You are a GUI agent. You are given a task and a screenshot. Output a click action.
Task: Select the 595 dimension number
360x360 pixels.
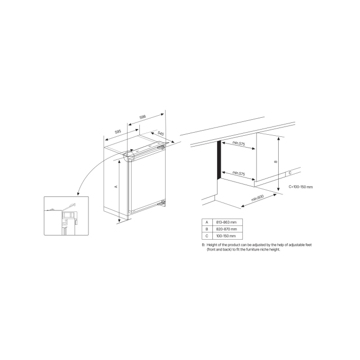(117, 132)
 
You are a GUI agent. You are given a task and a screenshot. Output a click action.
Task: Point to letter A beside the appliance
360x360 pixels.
(116, 187)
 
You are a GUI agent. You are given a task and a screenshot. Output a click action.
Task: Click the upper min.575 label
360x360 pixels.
(239, 143)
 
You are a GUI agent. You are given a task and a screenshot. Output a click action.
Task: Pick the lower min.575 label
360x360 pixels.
(239, 173)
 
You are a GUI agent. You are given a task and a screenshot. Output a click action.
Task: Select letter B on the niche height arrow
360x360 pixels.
(275, 161)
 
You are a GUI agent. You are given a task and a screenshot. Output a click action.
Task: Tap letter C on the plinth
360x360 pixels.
(290, 173)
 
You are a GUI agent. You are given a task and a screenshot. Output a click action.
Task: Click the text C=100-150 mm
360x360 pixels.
(300, 187)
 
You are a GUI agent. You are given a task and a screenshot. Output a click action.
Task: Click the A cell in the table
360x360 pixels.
(207, 221)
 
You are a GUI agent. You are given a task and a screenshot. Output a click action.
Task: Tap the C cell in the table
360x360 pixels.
(207, 235)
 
